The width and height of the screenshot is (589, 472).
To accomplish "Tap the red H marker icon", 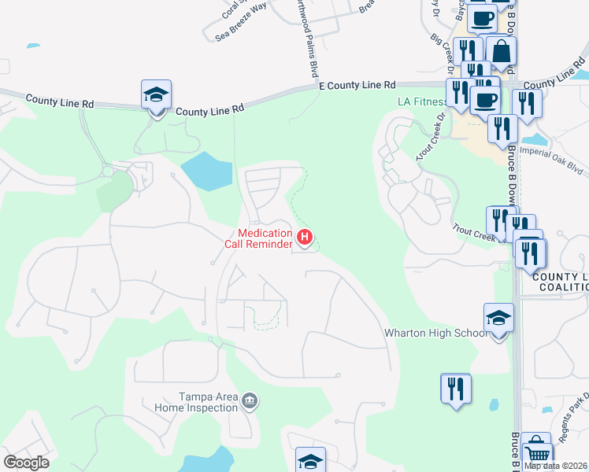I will [305, 236].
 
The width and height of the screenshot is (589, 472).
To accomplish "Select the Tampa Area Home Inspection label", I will [208, 402].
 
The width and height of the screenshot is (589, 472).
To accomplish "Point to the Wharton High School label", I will [435, 333].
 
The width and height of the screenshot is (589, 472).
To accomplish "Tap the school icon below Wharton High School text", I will [498, 319].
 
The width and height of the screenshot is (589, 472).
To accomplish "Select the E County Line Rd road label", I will [357, 85].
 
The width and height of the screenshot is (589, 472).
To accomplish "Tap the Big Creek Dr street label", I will [444, 50].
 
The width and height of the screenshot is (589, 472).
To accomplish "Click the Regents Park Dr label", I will [571, 406].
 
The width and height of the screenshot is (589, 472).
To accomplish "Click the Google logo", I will [25, 463].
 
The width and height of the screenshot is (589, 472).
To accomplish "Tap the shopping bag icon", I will [501, 51].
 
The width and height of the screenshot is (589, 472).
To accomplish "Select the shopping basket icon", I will [537, 452].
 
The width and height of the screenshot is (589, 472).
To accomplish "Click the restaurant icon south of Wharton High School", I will [455, 389].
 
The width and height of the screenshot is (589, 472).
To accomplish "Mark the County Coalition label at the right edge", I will [560, 282].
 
